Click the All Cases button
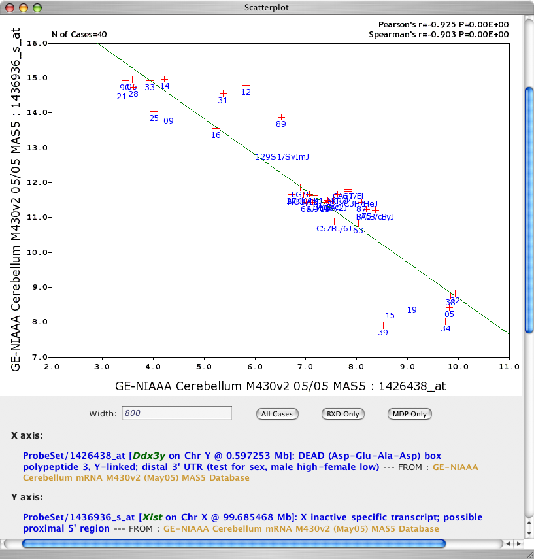[x=277, y=414]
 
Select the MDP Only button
[x=409, y=414]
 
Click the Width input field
[x=176, y=413]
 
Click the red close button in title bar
[x=9, y=8]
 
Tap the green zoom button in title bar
[x=37, y=8]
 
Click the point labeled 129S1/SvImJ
[x=282, y=150]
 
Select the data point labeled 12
[x=246, y=85]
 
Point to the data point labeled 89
[x=282, y=117]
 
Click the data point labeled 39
[x=384, y=326]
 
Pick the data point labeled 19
[x=412, y=303]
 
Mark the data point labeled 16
[x=216, y=128]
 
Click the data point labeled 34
[x=445, y=322]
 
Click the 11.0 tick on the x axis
[x=509, y=367]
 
